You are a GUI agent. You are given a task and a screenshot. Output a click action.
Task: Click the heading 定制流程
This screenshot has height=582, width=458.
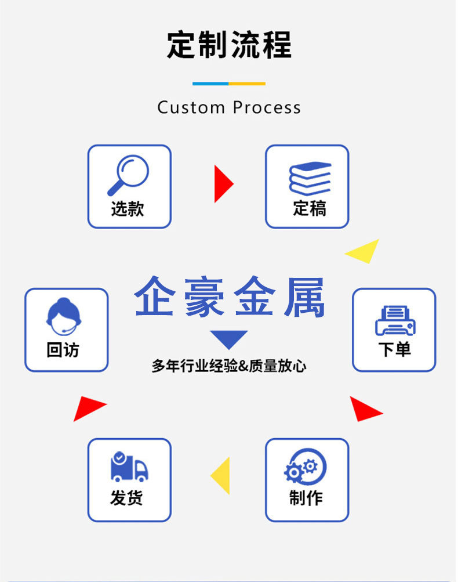pyautogui.click(x=229, y=45)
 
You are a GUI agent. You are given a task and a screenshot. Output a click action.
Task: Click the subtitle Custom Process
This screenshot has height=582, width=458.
pyautogui.click(x=229, y=107)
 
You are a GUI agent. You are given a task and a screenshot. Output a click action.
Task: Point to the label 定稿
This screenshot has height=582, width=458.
pyautogui.click(x=309, y=208)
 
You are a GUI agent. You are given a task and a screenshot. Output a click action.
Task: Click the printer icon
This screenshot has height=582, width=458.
pyautogui.click(x=395, y=320)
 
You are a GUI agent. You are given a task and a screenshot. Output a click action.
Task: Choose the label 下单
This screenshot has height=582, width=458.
pyautogui.click(x=394, y=350)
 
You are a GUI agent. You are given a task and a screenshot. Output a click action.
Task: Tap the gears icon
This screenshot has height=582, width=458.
pyautogui.click(x=306, y=467)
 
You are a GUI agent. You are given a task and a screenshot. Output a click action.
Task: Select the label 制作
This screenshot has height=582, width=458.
pyautogui.click(x=306, y=498)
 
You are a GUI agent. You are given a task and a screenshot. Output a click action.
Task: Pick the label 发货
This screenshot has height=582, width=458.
pyautogui.click(x=126, y=498)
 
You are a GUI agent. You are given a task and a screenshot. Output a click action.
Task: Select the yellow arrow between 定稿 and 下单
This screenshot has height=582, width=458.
pyautogui.click(x=364, y=252)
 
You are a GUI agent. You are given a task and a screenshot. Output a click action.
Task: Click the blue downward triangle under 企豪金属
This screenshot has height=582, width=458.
pyautogui.click(x=228, y=339)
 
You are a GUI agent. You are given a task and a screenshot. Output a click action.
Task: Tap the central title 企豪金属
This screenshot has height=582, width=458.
pyautogui.click(x=229, y=297)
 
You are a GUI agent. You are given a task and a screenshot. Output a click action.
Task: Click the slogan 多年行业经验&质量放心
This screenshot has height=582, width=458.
pyautogui.click(x=229, y=366)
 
